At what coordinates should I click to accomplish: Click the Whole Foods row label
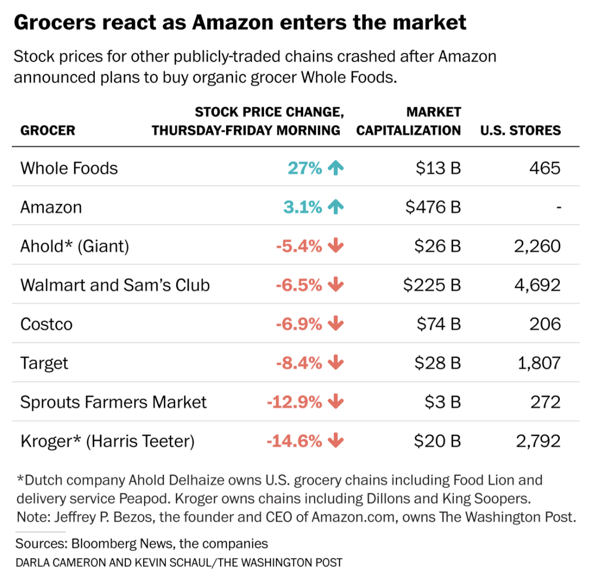click(x=69, y=168)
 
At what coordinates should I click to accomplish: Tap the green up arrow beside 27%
click(x=336, y=168)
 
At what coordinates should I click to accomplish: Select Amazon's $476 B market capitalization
click(x=433, y=207)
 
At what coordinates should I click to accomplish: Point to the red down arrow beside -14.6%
click(x=336, y=441)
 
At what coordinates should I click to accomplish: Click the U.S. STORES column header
click(x=520, y=131)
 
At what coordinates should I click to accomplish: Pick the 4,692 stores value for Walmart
click(x=537, y=285)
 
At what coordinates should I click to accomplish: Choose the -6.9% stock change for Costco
click(x=299, y=324)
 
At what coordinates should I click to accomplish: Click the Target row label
click(x=44, y=363)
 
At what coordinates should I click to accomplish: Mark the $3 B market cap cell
click(x=442, y=402)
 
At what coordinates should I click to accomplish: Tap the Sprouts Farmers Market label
click(x=114, y=402)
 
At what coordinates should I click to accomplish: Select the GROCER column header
click(x=48, y=131)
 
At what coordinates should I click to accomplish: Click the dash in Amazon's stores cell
click(x=559, y=207)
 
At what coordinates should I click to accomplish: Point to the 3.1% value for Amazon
click(x=303, y=207)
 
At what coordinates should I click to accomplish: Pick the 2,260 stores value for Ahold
click(x=537, y=246)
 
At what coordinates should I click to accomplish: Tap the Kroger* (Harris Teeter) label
click(x=108, y=442)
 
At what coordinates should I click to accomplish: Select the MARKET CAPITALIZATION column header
click(x=409, y=121)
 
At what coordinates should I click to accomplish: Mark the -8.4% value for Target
click(x=299, y=363)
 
